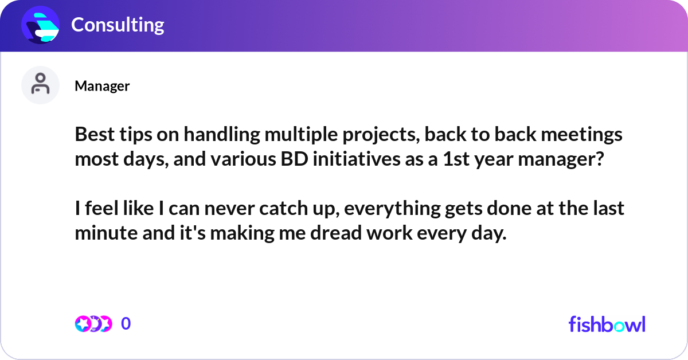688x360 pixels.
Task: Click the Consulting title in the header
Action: (x=118, y=25)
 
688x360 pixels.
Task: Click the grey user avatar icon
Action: (x=40, y=85)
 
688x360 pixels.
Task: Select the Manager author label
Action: (x=102, y=86)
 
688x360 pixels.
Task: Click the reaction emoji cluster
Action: (x=93, y=324)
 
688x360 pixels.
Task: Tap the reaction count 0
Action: (x=126, y=324)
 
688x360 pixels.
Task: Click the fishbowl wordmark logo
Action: (x=607, y=324)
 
